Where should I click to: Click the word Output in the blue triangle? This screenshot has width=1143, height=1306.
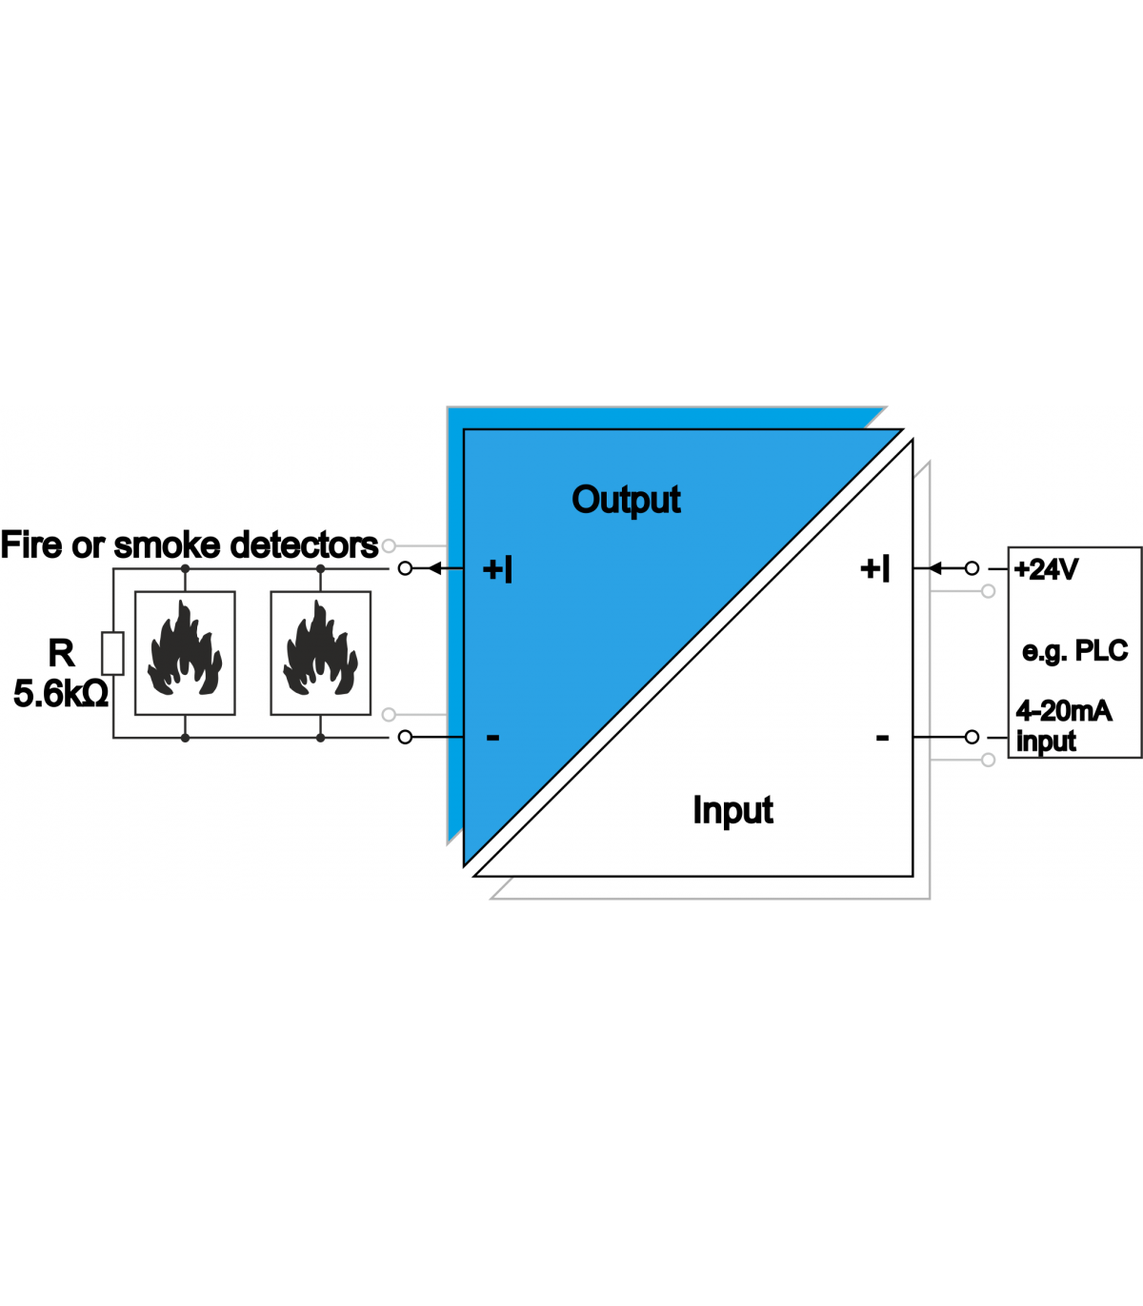coord(626,500)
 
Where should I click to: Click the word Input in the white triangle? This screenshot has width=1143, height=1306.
coord(732,810)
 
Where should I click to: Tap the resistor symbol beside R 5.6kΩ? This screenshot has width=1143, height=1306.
coord(113,653)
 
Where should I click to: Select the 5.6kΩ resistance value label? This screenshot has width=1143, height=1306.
coord(61,694)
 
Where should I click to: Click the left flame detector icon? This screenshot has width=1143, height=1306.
coord(185,653)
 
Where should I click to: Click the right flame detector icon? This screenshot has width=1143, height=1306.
coord(321,653)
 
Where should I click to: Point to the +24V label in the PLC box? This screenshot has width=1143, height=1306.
coord(1046,569)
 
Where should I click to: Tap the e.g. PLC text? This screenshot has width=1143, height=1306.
coord(1074,651)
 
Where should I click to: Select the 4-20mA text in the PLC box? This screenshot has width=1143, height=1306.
coord(1063,710)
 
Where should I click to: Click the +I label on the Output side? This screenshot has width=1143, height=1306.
coord(497,569)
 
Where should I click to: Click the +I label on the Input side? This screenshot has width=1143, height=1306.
coord(874,568)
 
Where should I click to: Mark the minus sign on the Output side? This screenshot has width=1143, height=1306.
coord(492,737)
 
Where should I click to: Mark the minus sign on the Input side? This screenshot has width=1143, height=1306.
coord(882,737)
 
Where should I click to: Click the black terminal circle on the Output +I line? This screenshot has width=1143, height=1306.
coord(405,568)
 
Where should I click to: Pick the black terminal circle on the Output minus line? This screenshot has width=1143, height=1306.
coord(405,737)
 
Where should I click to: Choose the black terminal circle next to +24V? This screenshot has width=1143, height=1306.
coord(972,568)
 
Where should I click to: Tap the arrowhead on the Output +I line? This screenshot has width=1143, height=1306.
coord(434,568)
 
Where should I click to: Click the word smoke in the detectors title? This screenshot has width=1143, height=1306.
coord(167,545)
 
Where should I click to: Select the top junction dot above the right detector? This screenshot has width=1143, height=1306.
coord(321,568)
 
